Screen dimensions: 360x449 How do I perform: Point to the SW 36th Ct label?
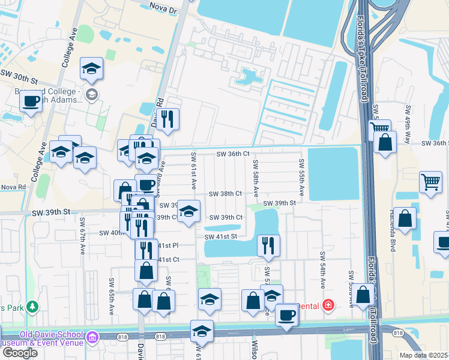[x=233, y=154]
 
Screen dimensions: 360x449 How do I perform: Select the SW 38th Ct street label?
[x=225, y=194]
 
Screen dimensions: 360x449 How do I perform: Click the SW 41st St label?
[x=221, y=237]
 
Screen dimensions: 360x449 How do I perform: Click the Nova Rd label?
[x=13, y=187]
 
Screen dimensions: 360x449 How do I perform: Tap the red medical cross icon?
[x=328, y=305]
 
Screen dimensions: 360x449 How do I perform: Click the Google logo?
[x=19, y=352]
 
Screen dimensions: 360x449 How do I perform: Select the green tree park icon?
[x=32, y=307]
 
